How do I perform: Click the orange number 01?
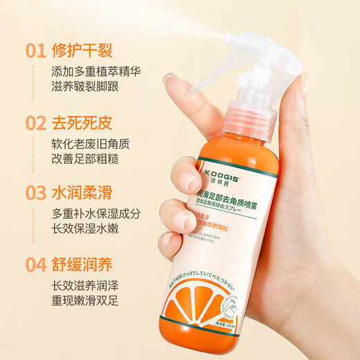pos(33,50)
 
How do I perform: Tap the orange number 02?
pos(33,125)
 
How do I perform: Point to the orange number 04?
pos(33,264)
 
